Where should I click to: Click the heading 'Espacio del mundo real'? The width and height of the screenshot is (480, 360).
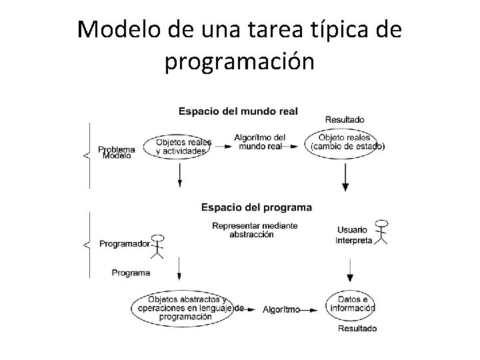tap(238, 111)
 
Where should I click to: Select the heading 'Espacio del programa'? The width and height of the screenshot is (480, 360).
tap(256, 207)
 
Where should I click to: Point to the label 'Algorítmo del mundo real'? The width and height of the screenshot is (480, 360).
tap(259, 141)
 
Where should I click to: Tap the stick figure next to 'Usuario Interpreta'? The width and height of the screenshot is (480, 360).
tap(381, 231)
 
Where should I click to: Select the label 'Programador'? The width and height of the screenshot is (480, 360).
tap(124, 244)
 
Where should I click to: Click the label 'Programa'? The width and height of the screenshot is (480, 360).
tap(131, 273)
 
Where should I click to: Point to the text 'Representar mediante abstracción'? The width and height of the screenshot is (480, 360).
tap(255, 230)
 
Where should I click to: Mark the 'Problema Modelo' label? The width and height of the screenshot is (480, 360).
tap(116, 153)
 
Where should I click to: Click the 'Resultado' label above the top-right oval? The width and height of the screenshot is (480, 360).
tap(345, 120)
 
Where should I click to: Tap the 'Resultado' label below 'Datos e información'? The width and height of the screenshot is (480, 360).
tap(357, 328)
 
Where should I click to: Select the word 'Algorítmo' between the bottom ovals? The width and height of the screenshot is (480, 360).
tap(281, 309)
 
